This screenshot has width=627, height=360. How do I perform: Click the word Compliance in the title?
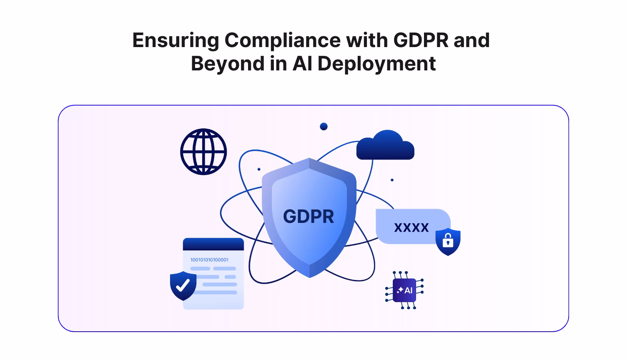[x=282, y=40]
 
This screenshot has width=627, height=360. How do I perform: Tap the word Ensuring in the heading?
[x=176, y=40]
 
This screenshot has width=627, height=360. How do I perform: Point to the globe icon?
[x=203, y=152]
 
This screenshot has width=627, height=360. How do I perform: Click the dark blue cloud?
[x=386, y=147]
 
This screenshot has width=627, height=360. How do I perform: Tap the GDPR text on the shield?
[x=308, y=217]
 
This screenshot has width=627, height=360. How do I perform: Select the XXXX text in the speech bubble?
[x=411, y=227]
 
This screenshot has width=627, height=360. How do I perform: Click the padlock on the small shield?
[x=448, y=241]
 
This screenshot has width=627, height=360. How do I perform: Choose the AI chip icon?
[x=404, y=290]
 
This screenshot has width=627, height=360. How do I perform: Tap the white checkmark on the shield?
[x=183, y=285]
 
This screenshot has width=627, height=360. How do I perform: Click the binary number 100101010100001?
[x=209, y=260]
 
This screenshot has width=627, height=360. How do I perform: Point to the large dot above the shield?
[x=324, y=126]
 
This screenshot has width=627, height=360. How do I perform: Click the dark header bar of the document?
[x=213, y=244]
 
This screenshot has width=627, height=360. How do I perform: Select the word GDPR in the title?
[x=420, y=40]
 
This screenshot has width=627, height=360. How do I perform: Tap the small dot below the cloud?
[x=392, y=180]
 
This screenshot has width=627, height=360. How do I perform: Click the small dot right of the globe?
[x=259, y=169]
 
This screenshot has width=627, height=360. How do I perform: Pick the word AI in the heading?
[x=302, y=64]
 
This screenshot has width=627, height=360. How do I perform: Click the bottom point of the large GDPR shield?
[x=310, y=277]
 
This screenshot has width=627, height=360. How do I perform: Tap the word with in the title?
[x=366, y=40]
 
